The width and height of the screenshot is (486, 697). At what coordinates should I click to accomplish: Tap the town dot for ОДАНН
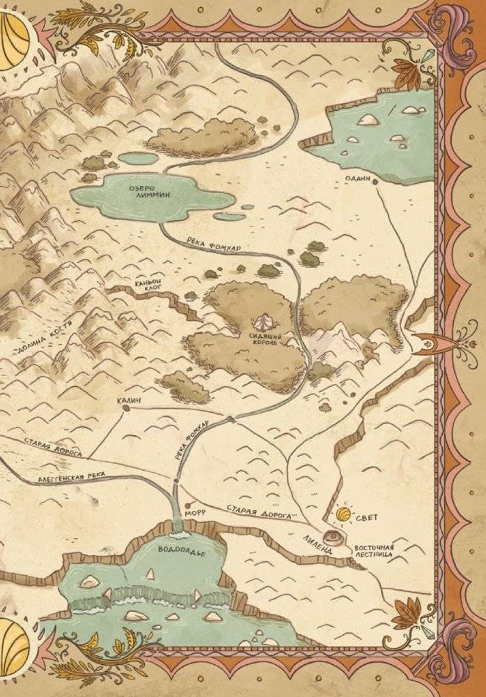click(x=375, y=181)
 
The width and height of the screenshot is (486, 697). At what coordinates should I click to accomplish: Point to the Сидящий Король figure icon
click(x=262, y=322)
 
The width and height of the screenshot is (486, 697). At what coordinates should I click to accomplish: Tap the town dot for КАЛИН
click(x=126, y=409)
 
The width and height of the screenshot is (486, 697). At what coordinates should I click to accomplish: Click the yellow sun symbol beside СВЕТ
click(x=343, y=515)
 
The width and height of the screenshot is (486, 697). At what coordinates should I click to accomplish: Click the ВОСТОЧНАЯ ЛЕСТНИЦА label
click(x=373, y=551)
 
